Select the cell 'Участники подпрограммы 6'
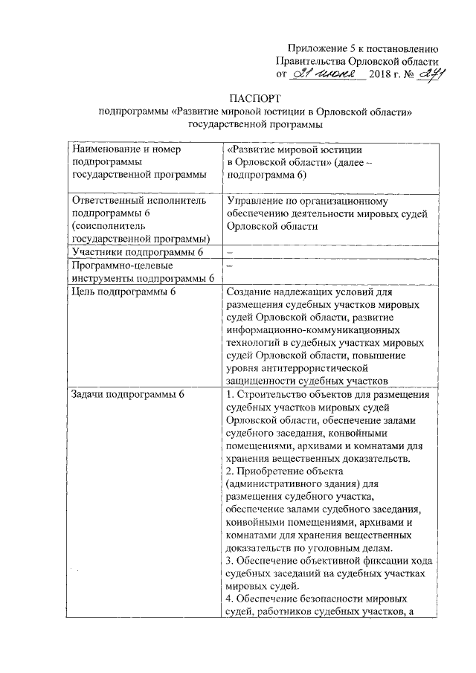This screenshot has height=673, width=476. click(136, 253)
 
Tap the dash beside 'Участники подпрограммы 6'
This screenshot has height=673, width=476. click(229, 253)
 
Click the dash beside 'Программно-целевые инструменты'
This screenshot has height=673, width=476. click(229, 265)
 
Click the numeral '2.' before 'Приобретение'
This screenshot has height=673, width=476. click(230, 471)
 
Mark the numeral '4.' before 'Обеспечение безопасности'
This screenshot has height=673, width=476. click(230, 599)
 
